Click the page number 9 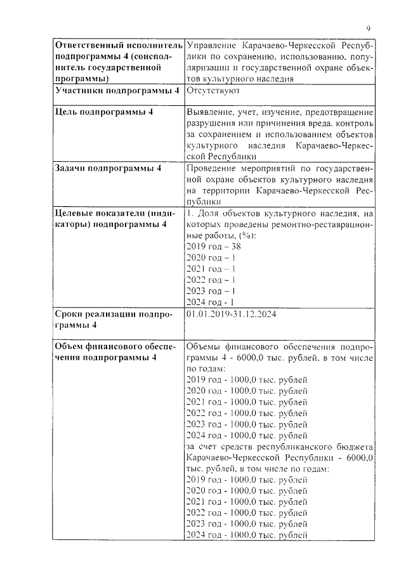369,28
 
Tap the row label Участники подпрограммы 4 117,91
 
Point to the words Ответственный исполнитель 118,47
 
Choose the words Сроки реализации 96,314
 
